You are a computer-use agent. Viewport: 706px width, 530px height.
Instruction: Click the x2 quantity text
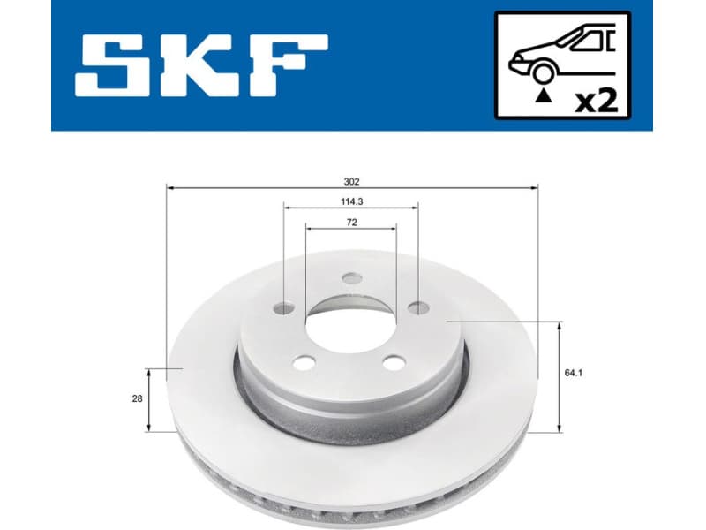595,100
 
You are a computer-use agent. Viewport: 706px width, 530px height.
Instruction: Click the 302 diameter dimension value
351,181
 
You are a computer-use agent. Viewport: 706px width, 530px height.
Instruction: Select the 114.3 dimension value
351,201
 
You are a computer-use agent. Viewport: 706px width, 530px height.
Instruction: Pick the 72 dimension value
351,223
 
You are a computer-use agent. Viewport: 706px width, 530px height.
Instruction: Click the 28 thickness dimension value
137,399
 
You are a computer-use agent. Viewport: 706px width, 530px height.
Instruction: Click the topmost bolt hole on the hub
351,279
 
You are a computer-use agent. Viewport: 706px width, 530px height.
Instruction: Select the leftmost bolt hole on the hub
284,308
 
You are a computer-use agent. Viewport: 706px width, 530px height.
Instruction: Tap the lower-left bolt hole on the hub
304,362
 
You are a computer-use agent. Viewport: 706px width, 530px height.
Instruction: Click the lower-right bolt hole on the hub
393,361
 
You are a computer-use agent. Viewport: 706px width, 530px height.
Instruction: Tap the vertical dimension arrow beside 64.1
559,377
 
